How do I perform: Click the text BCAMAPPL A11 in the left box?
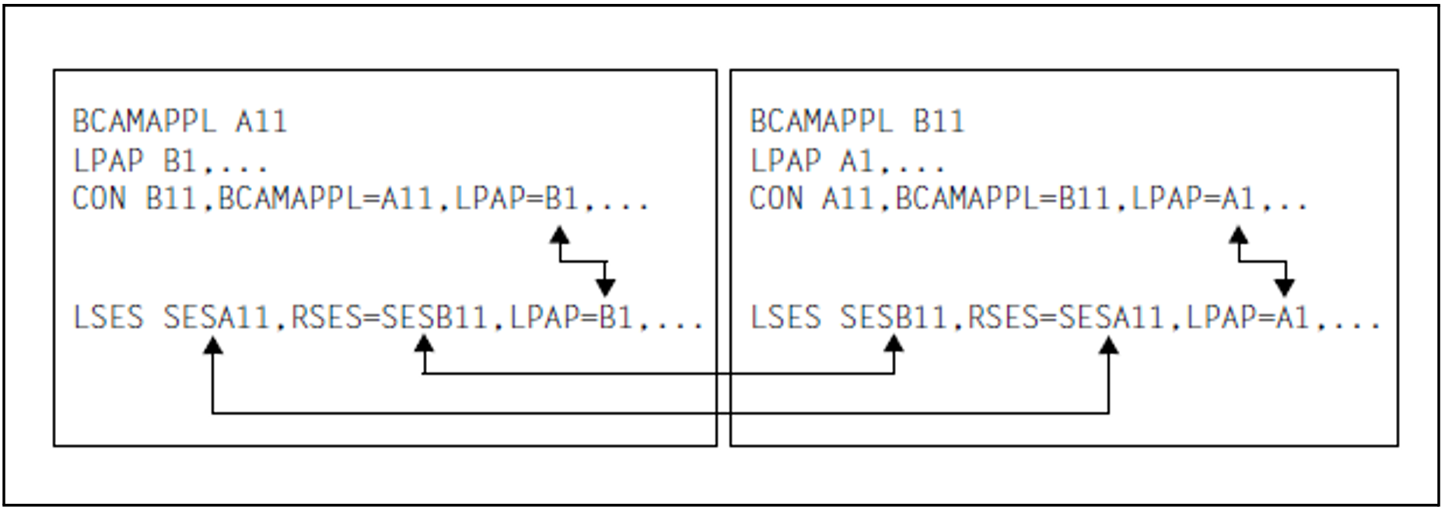(x=180, y=121)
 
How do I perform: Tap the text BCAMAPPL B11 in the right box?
(x=856, y=121)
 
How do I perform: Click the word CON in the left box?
(x=99, y=199)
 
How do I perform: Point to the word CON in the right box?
(x=775, y=199)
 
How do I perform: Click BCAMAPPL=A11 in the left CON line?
(x=325, y=199)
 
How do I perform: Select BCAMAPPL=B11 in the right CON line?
(x=1002, y=199)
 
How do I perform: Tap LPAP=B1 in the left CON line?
(x=516, y=199)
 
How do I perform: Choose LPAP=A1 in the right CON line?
(x=1193, y=199)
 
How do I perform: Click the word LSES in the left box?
(x=107, y=318)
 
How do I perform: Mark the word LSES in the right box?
(x=785, y=318)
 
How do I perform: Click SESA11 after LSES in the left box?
(x=215, y=318)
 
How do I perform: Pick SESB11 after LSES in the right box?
(x=893, y=318)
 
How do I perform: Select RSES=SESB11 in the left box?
(x=389, y=318)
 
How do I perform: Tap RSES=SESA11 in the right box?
(x=1065, y=318)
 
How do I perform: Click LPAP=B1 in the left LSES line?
(x=571, y=318)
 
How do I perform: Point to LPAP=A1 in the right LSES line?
(x=1248, y=318)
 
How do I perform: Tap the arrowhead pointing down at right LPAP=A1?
(x=1285, y=287)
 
